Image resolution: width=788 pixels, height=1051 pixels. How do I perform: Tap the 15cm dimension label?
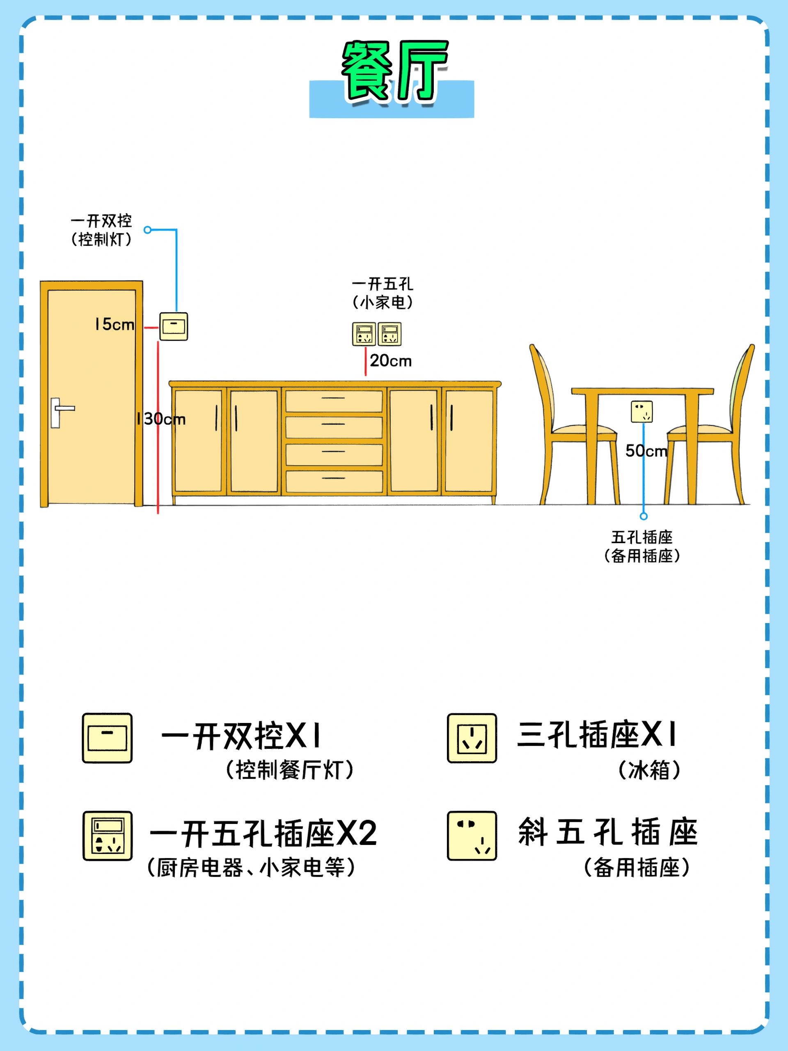(x=115, y=324)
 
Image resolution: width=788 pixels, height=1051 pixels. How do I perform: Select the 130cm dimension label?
(x=161, y=419)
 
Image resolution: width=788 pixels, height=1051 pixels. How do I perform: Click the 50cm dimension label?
(x=646, y=451)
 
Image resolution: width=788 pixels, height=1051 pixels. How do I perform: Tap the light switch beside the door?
(x=173, y=326)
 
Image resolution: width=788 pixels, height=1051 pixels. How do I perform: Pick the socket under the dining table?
(x=642, y=411)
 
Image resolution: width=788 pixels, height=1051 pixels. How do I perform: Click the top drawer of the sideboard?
(x=334, y=401)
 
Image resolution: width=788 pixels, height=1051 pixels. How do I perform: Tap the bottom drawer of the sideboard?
(x=334, y=481)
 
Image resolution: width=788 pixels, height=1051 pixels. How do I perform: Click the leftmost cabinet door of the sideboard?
(x=198, y=441)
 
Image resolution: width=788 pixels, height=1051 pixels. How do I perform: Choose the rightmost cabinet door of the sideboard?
(x=469, y=441)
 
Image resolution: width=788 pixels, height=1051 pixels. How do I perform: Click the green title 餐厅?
(x=394, y=71)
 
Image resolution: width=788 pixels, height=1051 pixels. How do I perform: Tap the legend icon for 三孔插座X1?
(x=472, y=738)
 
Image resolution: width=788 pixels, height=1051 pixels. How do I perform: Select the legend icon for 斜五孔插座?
(x=472, y=836)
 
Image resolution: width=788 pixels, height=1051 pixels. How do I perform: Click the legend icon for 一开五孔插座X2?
(x=108, y=836)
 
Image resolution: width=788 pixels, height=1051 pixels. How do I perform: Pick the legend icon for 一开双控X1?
(x=108, y=738)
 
